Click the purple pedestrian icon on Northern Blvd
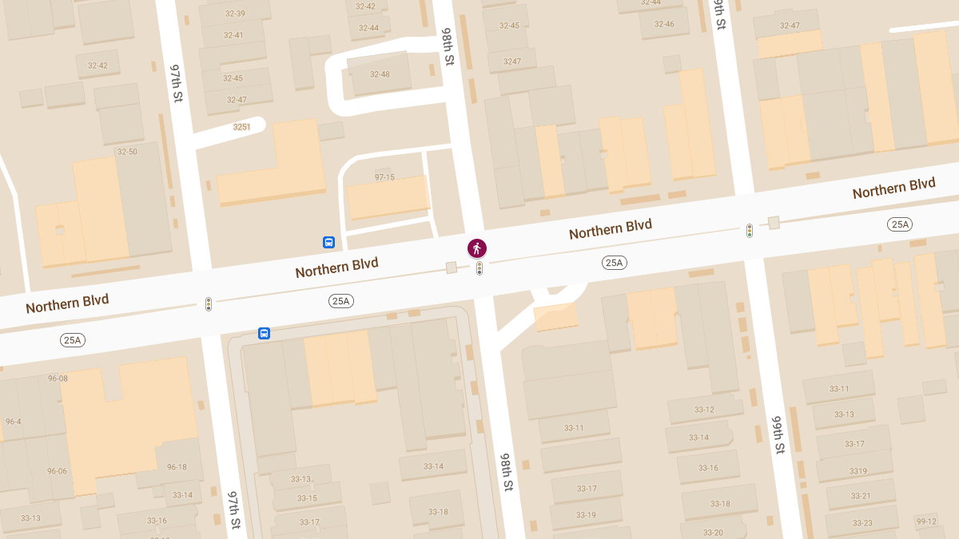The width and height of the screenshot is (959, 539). pos(477,248)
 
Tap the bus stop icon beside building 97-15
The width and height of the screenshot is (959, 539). pos(328,242)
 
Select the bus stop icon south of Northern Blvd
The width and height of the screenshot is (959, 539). pos(264,333)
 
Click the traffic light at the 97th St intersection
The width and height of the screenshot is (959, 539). pos(209,303)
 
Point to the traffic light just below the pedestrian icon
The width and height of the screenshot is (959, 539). pos(479,268)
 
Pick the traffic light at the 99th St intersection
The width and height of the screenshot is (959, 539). pos(750,231)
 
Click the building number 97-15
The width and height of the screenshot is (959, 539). pos(384,177)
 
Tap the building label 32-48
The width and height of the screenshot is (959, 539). pos(380,74)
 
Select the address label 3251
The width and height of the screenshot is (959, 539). pos(241,127)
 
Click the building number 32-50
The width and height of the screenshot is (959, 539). pos(127,152)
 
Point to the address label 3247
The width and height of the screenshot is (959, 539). pos(512,61)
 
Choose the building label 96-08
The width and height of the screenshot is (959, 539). pos(58,378)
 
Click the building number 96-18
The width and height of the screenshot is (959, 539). pos(177,467)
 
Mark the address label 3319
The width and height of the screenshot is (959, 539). pos(858,471)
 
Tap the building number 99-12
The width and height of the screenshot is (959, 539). pos(926,521)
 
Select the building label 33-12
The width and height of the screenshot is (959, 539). pos(704,410)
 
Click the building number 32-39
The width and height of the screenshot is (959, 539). pos(235,14)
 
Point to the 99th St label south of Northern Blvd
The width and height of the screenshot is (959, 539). pos(778,434)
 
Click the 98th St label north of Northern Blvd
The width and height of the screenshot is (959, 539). pos(448,47)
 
